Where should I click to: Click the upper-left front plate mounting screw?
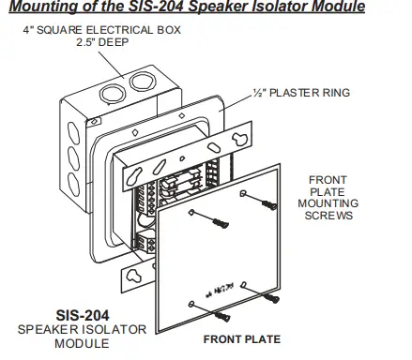[221, 221]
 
